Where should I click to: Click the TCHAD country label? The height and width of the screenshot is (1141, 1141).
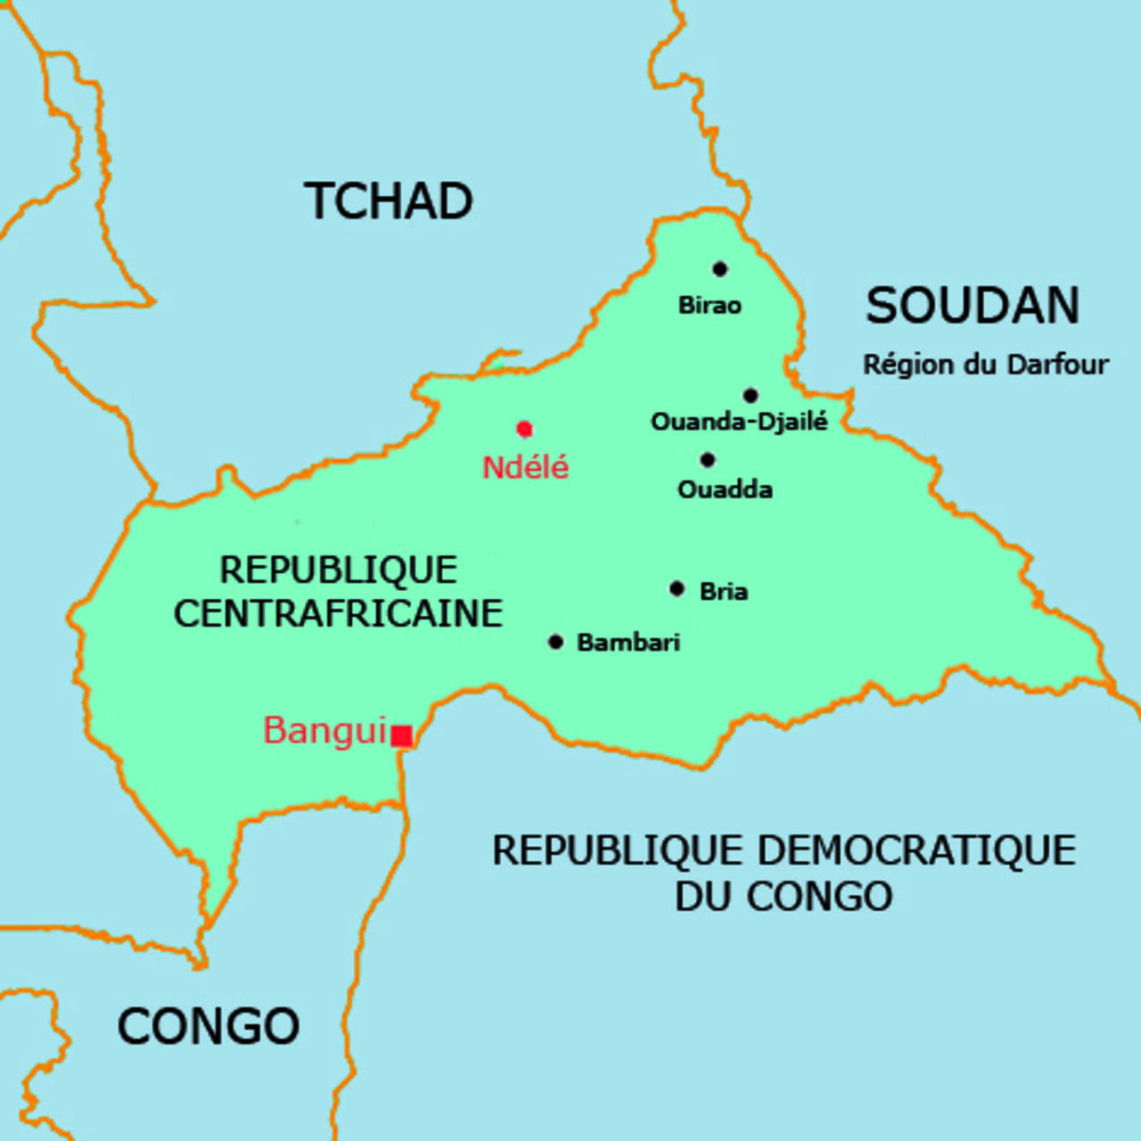(388, 201)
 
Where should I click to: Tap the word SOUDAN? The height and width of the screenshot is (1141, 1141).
(973, 307)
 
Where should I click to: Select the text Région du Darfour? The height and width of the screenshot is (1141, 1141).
(985, 365)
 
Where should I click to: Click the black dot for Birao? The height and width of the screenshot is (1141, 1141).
(719, 269)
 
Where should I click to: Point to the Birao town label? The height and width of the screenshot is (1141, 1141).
(710, 306)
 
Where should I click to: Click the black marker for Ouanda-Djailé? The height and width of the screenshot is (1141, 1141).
(751, 396)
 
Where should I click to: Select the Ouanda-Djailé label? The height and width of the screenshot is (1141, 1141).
(739, 422)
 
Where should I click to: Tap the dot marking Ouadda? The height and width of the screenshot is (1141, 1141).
(708, 460)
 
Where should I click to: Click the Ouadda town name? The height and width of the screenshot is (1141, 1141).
(725, 489)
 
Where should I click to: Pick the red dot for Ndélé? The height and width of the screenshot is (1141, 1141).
(524, 430)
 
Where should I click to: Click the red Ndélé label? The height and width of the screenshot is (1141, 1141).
(525, 468)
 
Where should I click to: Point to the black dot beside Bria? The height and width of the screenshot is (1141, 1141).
(677, 588)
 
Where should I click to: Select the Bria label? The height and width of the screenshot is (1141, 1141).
(723, 591)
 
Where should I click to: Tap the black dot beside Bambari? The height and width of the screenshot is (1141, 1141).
(555, 642)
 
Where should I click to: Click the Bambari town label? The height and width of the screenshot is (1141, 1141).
(628, 643)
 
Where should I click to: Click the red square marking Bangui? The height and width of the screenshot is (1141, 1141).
(402, 736)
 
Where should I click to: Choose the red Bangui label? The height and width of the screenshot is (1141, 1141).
(324, 731)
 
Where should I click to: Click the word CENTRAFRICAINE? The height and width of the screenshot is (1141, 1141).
(338, 614)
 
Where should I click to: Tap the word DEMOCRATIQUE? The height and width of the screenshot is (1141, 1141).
(916, 851)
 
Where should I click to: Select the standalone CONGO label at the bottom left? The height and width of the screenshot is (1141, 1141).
(209, 1027)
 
